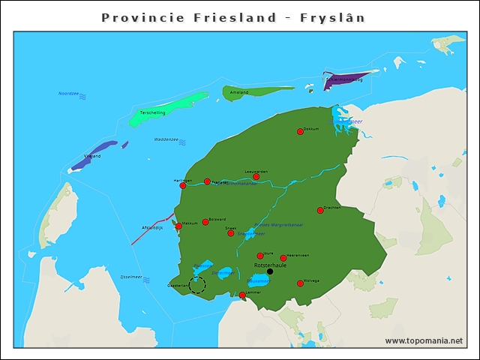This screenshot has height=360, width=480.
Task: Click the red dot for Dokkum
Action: pos(300,131)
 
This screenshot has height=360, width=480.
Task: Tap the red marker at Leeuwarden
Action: pos(256,177)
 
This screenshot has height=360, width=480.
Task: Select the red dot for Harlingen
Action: pos(182,185)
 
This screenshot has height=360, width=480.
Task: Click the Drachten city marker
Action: pos(320,210)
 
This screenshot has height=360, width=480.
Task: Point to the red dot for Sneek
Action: pos(231,232)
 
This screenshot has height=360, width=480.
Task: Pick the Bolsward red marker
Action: pos(205,222)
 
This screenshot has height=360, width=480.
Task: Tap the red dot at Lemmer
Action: pos(242,295)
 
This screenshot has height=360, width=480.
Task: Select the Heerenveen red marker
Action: pos(283,258)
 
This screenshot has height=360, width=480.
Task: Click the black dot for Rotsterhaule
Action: pos(270,271)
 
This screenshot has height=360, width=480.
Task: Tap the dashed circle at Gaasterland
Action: pos(196,285)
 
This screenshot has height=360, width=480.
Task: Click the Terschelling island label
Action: pos(153,112)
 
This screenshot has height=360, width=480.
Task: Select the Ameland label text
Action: pos(238,92)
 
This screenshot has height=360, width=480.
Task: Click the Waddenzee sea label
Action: pos(166,139)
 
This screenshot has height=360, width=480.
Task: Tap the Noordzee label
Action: pos(68,94)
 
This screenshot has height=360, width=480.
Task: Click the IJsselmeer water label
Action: pos(131,277)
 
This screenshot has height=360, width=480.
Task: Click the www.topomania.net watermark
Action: pos(424,340)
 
